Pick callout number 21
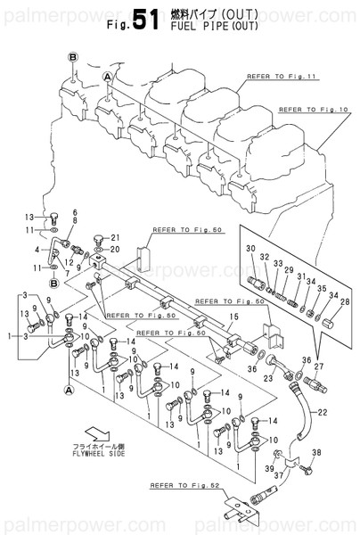pos(114,236)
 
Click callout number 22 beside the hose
pos(323,411)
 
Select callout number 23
pos(266,377)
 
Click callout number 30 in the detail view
pos(250,247)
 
